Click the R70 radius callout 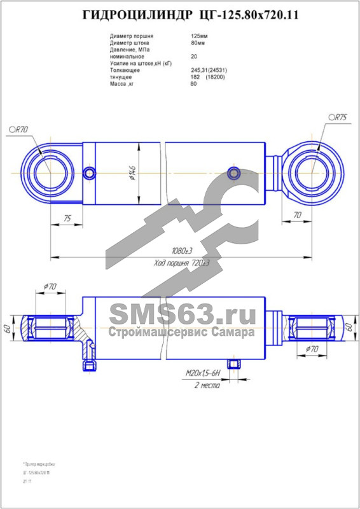point(20,129)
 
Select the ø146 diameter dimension point(132,174)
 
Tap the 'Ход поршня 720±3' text point(181,263)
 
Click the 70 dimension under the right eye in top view point(297,215)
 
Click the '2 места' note point(207,386)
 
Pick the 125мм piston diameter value point(199,37)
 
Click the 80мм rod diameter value point(198,43)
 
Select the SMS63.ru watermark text point(181,314)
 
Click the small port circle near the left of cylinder point(91,172)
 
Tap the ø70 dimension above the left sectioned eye point(50,287)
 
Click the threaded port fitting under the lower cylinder point(235,364)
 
